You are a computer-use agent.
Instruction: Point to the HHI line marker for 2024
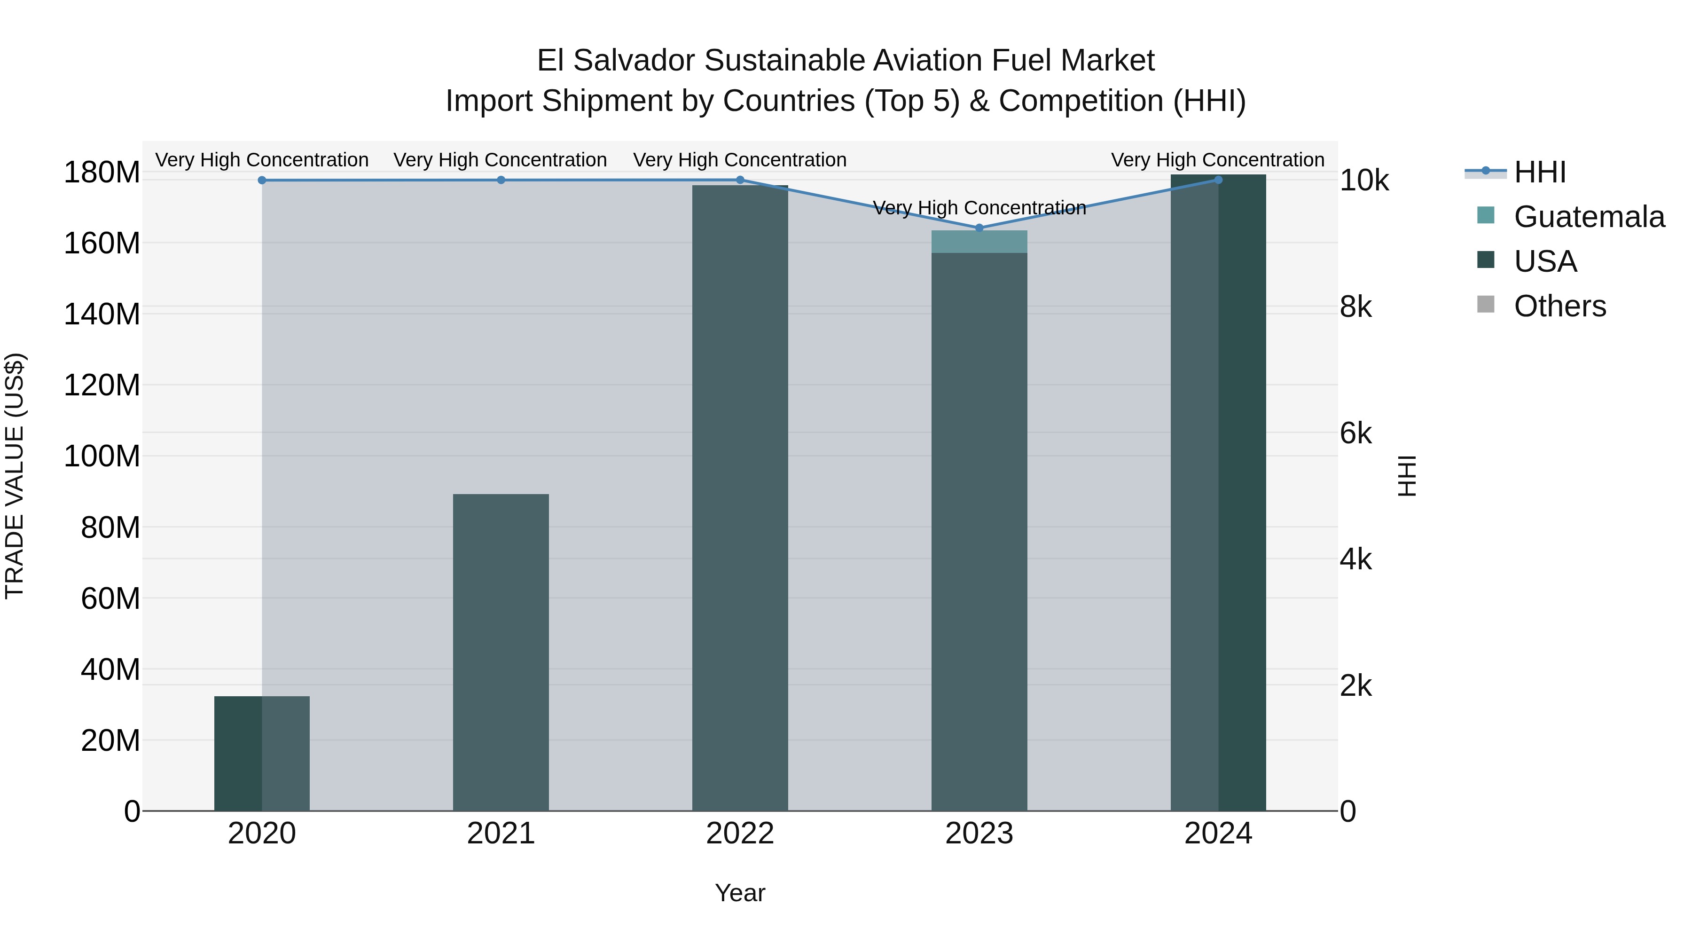coord(1218,180)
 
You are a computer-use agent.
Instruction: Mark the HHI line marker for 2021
coord(501,180)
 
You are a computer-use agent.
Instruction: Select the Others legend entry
coord(1559,306)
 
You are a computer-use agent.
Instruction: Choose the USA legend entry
coord(1544,261)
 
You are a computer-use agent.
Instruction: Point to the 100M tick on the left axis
coord(102,456)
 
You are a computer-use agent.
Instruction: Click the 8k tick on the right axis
coord(1355,307)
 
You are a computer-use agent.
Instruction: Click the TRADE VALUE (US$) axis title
coord(15,476)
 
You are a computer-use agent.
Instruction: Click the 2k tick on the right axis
coord(1355,686)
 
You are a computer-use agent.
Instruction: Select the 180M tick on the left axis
coord(102,173)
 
